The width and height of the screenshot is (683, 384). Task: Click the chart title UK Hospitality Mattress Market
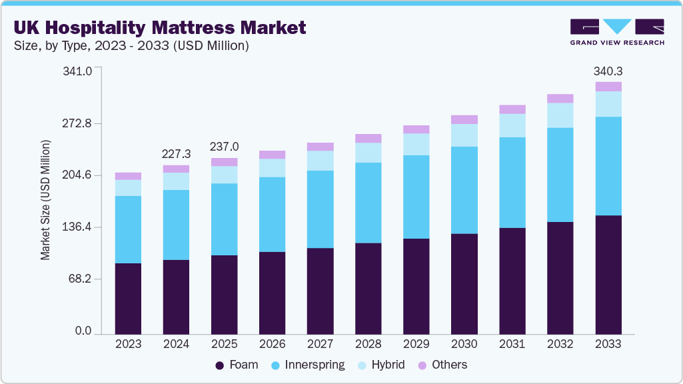pyautogui.click(x=160, y=27)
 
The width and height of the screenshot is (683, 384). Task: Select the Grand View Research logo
pyautogui.click(x=616, y=32)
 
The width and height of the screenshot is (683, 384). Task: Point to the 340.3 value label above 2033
pyautogui.click(x=608, y=71)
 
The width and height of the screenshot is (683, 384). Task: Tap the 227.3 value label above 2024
pyautogui.click(x=176, y=154)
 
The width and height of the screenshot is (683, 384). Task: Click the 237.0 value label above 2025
pyautogui.click(x=224, y=147)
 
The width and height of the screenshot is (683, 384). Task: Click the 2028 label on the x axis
pyautogui.click(x=368, y=344)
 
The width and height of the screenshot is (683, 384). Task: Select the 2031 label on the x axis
pyautogui.click(x=512, y=344)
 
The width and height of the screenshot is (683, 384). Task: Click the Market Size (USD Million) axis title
pyautogui.click(x=46, y=200)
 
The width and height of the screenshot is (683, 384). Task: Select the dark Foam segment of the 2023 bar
pyautogui.click(x=128, y=299)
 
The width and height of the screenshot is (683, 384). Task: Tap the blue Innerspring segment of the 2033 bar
pyautogui.click(x=608, y=166)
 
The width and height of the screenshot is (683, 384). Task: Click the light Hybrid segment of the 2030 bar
pyautogui.click(x=464, y=135)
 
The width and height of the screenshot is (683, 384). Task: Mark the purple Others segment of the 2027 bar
pyautogui.click(x=321, y=147)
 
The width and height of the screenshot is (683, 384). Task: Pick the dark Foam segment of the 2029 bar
pyautogui.click(x=416, y=286)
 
